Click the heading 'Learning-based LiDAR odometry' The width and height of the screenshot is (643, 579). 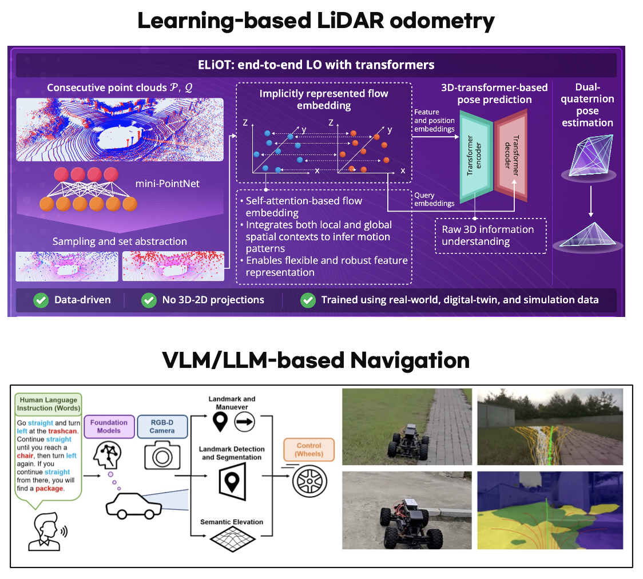click(x=316, y=22)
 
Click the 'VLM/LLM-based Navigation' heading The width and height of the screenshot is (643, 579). click(x=316, y=360)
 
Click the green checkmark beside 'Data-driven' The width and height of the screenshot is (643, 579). click(x=41, y=299)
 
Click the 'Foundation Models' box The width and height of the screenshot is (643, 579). click(x=109, y=427)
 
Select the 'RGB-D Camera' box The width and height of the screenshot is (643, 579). click(x=162, y=427)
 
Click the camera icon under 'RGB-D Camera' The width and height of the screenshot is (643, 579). click(x=162, y=457)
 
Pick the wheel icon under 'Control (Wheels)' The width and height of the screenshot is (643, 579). click(x=309, y=480)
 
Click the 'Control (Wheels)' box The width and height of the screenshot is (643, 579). click(x=309, y=450)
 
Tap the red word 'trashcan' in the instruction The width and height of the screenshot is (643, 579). click(x=63, y=431)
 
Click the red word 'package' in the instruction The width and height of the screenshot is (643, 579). click(x=51, y=489)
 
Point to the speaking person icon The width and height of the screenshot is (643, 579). click(x=45, y=530)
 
